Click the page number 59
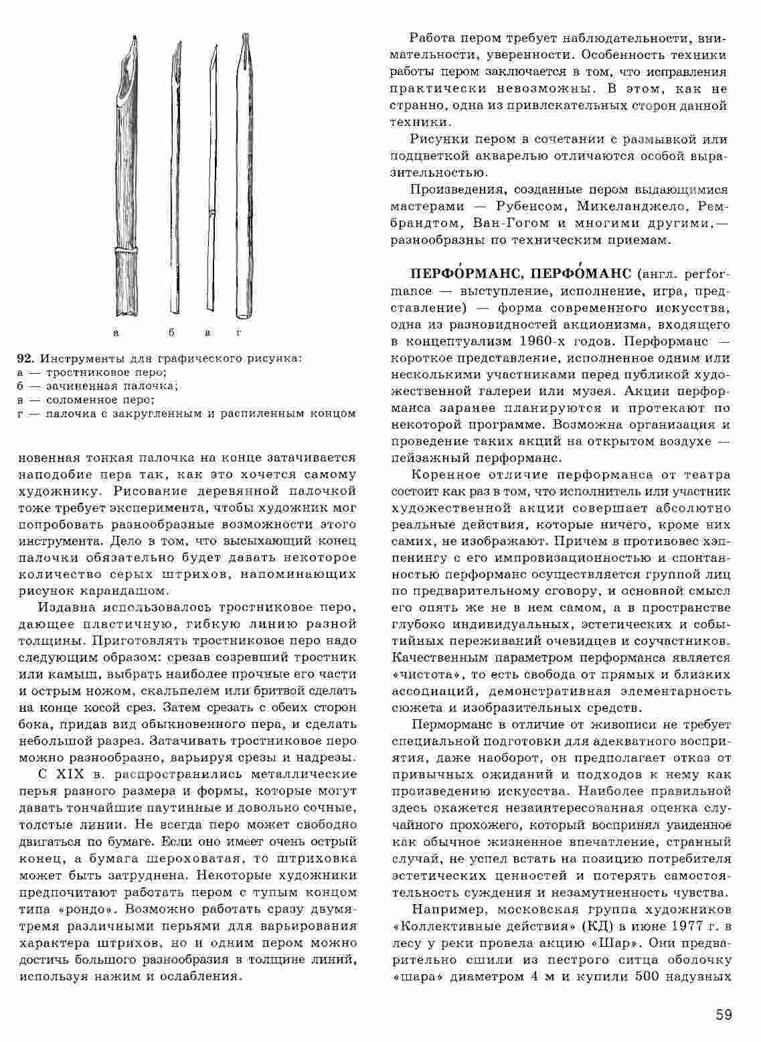[723, 1015]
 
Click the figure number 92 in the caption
[25, 358]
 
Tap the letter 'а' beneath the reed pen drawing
[116, 331]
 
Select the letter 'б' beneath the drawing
[171, 331]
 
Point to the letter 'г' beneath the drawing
[238, 331]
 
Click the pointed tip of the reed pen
[135, 42]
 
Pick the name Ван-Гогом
[511, 222]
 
